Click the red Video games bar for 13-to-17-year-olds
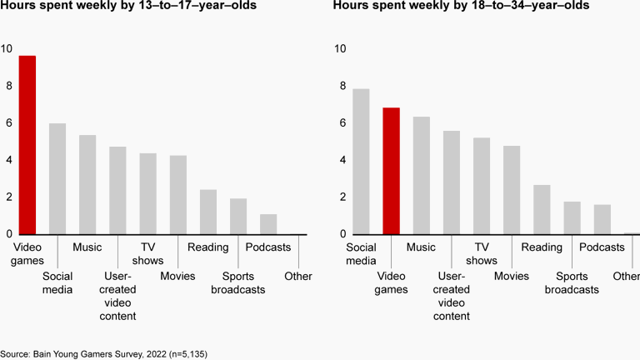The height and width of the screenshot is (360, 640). tap(27, 145)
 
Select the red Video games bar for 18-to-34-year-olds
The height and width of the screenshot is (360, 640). tap(391, 171)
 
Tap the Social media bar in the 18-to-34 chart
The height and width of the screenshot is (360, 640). tap(361, 162)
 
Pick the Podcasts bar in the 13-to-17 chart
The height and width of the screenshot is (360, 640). tap(267, 224)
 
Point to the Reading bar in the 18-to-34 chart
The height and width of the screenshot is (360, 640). tap(542, 209)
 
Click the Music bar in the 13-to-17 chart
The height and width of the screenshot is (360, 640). tap(87, 184)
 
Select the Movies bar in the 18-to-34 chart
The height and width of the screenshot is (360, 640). tap(512, 190)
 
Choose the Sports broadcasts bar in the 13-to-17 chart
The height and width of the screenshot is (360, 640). tap(238, 216)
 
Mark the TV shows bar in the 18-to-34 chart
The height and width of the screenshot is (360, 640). tap(482, 186)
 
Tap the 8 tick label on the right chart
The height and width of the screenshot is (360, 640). tap(339, 86)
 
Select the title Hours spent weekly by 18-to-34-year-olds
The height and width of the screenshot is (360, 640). tap(462, 7)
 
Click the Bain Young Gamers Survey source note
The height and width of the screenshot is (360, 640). tap(103, 353)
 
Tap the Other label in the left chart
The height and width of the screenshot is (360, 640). tap(297, 276)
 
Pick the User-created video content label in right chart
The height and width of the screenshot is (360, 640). tap(452, 296)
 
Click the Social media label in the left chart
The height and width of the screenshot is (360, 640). tap(57, 282)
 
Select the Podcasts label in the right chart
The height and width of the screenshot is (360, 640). tap(602, 247)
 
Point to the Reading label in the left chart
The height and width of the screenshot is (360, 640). tap(207, 247)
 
